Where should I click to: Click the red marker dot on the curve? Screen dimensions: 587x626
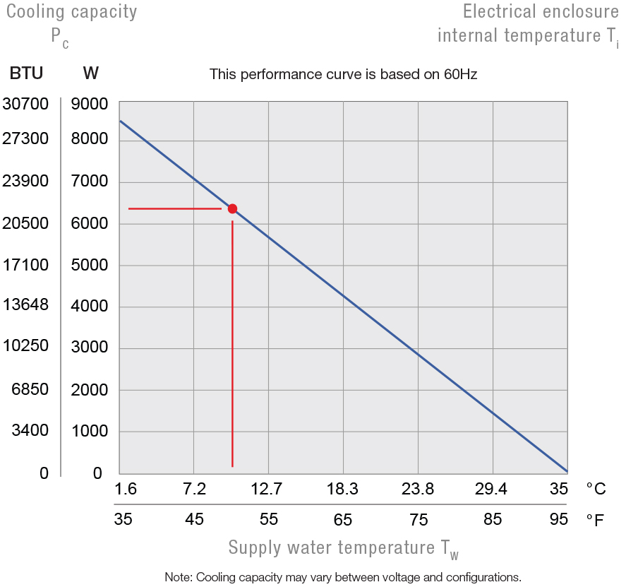[232, 208]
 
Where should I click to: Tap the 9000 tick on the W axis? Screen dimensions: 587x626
[90, 105]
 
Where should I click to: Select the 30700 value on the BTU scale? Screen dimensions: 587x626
[25, 105]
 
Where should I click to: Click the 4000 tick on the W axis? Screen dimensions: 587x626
[90, 307]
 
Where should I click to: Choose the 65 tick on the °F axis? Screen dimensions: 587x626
[342, 520]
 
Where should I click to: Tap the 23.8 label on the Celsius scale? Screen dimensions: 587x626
[417, 489]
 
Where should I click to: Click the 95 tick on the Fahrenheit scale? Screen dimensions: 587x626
[558, 520]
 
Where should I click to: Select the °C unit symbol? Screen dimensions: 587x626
[595, 489]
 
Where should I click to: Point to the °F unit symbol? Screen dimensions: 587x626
[595, 521]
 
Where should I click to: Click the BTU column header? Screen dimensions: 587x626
[26, 73]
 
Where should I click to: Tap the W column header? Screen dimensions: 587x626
[90, 73]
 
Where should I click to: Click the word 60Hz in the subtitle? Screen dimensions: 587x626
[461, 74]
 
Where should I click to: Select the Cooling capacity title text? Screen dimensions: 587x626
[71, 12]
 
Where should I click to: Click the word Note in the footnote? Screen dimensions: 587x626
[178, 576]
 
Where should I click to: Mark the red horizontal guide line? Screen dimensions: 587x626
[174, 208]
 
